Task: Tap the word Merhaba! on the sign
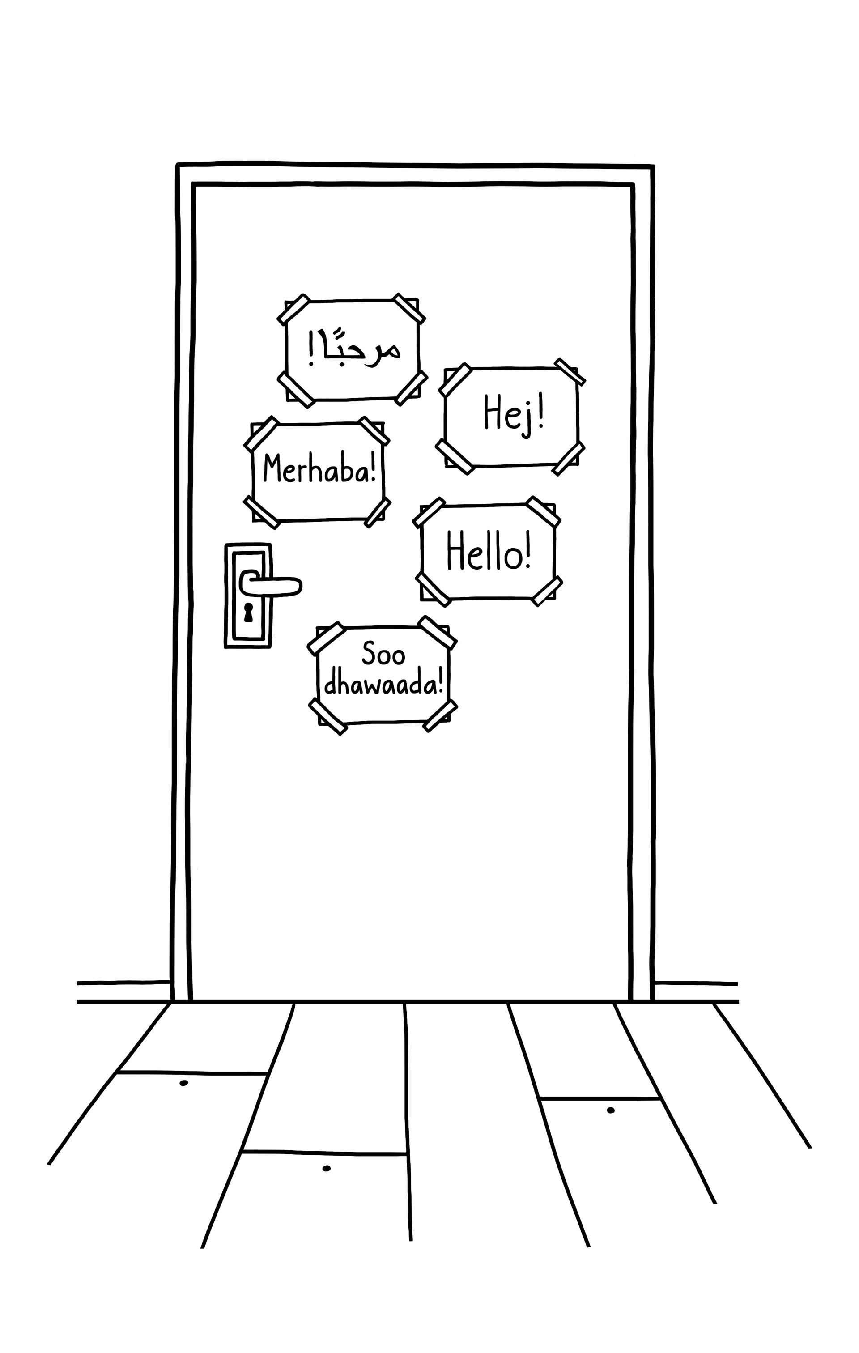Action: [x=319, y=470]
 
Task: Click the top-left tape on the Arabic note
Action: [x=294, y=309]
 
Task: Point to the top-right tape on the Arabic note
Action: [x=408, y=308]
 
